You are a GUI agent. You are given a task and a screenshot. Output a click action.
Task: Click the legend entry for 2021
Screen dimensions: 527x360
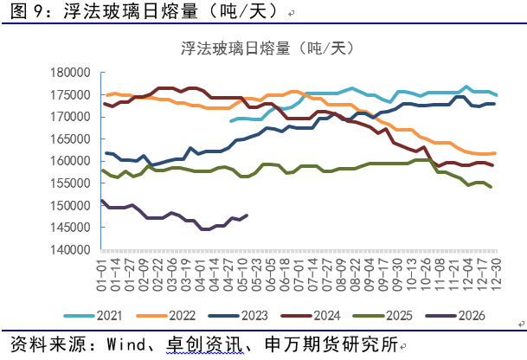click(93, 316)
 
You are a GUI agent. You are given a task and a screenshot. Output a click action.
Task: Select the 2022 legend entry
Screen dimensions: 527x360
click(165, 316)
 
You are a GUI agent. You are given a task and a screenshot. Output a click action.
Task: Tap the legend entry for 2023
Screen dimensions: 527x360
click(238, 316)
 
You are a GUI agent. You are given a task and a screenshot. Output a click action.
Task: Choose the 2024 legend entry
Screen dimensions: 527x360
click(311, 316)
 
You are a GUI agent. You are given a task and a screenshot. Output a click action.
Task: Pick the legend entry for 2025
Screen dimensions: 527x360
click(382, 316)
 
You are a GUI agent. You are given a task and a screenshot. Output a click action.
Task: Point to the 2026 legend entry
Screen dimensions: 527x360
click(455, 316)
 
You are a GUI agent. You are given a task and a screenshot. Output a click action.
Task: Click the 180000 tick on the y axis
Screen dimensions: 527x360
click(70, 73)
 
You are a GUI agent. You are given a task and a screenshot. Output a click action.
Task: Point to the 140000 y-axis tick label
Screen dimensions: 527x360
click(70, 250)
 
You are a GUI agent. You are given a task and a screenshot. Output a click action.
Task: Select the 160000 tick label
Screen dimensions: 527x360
click(70, 161)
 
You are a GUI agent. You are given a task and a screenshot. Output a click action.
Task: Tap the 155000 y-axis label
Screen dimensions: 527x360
click(70, 183)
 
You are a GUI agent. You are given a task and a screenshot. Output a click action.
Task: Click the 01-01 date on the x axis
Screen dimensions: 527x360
click(101, 274)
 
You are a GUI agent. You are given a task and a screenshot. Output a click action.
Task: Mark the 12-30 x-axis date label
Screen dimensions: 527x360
click(496, 274)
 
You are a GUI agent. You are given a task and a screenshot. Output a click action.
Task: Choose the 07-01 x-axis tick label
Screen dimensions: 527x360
click(299, 274)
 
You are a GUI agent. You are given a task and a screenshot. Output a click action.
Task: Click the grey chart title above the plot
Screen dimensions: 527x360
click(267, 48)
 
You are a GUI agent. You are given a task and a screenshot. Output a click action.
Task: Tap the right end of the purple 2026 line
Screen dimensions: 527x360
click(247, 215)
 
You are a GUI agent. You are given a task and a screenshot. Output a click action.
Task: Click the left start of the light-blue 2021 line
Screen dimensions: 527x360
click(231, 121)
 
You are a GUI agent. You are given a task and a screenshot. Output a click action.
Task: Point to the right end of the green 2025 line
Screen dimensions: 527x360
click(491, 187)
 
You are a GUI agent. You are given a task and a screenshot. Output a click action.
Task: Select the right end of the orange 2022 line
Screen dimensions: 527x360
click(495, 153)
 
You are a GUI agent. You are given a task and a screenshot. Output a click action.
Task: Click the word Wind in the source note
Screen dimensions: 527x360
click(126, 344)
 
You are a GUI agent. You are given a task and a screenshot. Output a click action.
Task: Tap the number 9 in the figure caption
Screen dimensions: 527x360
click(38, 11)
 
